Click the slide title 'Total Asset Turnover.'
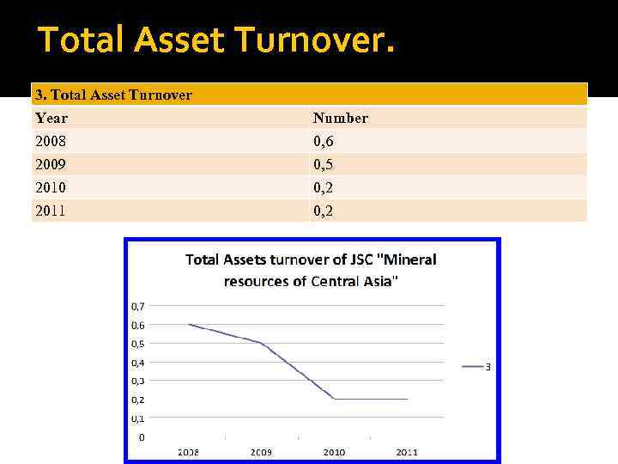(216, 40)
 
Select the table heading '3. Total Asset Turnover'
(113, 95)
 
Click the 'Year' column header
(51, 118)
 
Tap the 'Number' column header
(340, 118)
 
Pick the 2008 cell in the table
(51, 141)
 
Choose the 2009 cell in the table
(51, 164)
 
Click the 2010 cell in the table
(51, 187)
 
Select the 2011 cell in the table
(51, 211)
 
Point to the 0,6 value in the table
(323, 141)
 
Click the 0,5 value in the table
(323, 164)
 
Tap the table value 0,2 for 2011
(323, 211)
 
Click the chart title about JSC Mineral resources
(311, 270)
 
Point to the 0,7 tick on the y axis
(137, 306)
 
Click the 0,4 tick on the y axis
(137, 362)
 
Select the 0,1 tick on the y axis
(137, 418)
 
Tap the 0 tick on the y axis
(142, 437)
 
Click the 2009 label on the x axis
(262, 452)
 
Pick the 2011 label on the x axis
(407, 452)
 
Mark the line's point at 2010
(335, 400)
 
